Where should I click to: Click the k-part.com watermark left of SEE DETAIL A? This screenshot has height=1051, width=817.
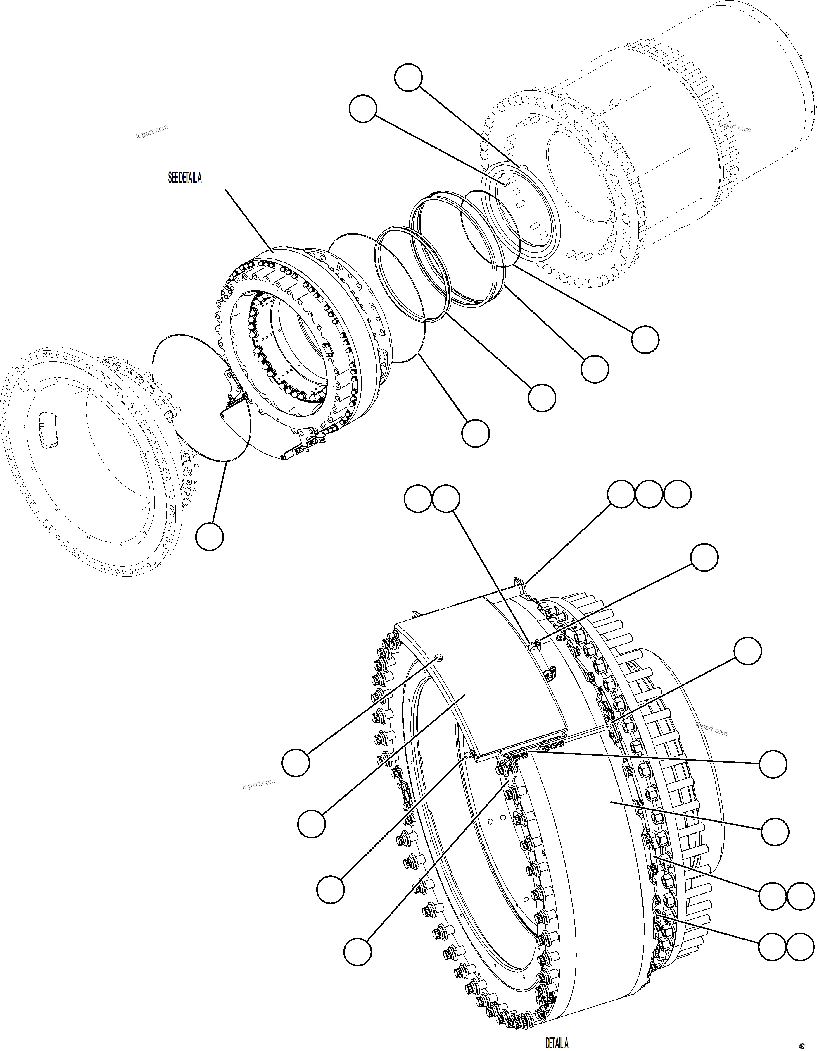pyautogui.click(x=152, y=131)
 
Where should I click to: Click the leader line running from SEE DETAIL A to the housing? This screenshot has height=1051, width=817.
pyautogui.click(x=249, y=220)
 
